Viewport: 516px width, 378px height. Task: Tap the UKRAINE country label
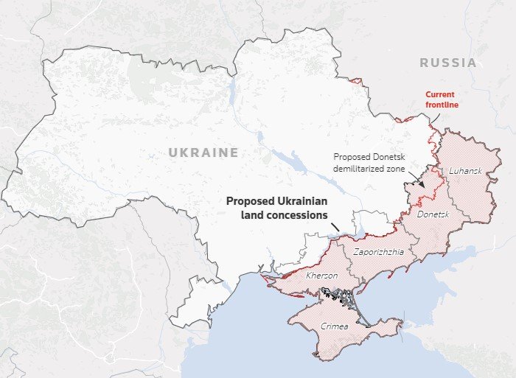point(203,153)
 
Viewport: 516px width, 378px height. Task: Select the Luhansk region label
point(465,171)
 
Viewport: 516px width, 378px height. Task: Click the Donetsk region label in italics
point(433,214)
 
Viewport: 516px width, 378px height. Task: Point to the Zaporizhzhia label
point(378,251)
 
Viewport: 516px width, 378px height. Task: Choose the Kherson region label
point(321,275)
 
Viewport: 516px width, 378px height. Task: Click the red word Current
point(440,94)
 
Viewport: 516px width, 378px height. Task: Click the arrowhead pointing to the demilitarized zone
point(422,183)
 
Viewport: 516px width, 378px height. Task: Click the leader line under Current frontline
point(436,119)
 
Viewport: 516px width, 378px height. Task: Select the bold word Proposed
point(248,201)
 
